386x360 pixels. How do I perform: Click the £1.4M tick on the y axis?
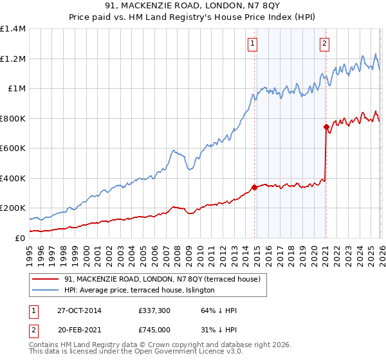[13, 29]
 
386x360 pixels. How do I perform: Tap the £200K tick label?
[13, 208]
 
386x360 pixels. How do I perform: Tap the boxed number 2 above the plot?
[324, 44]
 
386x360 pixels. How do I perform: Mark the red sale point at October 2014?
[254, 188]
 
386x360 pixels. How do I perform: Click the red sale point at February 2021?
[326, 127]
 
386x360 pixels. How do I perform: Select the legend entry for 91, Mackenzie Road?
[161, 279]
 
